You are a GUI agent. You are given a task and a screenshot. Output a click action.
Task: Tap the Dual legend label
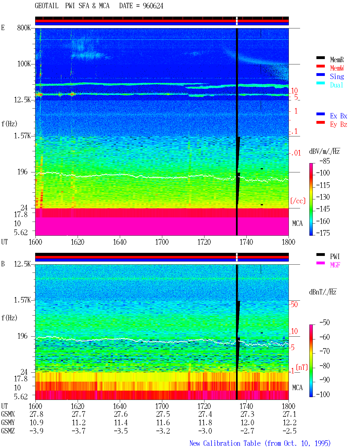tap(336, 85)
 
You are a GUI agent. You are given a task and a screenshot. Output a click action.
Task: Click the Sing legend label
tap(337, 76)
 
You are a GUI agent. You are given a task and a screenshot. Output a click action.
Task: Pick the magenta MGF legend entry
tap(335, 265)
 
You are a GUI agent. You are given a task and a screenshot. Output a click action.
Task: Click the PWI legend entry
tap(335, 256)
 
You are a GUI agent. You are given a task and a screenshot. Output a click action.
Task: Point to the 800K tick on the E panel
tap(24, 28)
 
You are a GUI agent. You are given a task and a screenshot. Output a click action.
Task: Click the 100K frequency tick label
tap(24, 64)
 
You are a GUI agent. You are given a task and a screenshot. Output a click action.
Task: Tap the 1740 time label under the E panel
tap(246, 242)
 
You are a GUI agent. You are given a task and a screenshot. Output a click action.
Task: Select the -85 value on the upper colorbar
tap(325, 161)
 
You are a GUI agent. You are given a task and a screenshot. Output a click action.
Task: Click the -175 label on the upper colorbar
tap(323, 233)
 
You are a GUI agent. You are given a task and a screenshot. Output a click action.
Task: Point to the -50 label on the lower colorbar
tap(325, 323)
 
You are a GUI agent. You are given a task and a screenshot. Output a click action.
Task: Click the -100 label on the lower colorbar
tap(323, 394)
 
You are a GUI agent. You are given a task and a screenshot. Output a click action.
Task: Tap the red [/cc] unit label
tap(298, 201)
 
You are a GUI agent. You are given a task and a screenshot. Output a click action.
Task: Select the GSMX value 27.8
tap(37, 414)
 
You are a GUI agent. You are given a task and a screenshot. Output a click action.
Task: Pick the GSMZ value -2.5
tap(289, 431)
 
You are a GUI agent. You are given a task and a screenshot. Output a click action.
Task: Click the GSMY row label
tap(8, 423)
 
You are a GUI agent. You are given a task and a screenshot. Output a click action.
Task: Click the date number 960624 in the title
tap(153, 6)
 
